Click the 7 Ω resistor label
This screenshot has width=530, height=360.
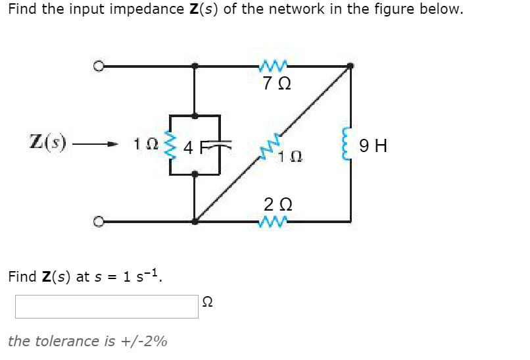pos(275,85)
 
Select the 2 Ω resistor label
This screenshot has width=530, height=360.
pos(275,203)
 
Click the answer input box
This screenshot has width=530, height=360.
pos(107,307)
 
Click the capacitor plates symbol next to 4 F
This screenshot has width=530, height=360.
pos(212,145)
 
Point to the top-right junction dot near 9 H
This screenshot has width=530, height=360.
pos(350,66)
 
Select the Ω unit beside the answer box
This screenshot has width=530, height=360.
pos(208,303)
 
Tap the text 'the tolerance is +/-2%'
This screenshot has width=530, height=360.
pos(87,341)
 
